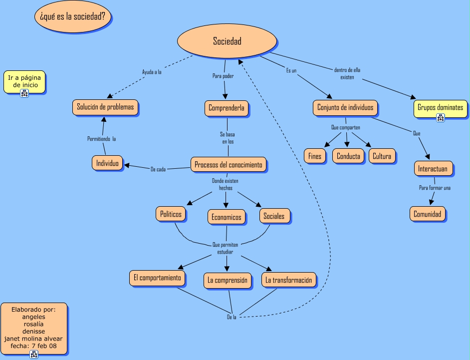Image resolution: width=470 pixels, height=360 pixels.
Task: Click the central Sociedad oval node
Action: coord(227,41)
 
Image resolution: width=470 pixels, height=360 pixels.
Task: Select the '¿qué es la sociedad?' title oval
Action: coord(73,16)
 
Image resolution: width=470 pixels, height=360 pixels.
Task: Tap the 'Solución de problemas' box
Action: coord(105,107)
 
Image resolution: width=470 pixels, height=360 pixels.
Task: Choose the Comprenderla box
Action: coord(227,108)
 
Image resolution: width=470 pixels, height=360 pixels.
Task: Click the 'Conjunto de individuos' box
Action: coord(345,107)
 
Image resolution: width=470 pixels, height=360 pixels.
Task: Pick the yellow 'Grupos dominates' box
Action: coord(440,107)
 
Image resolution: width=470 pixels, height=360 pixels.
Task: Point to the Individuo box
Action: coord(107,163)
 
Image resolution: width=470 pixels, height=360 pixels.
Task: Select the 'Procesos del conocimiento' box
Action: coord(228,165)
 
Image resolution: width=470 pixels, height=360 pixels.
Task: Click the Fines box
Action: coord(315,156)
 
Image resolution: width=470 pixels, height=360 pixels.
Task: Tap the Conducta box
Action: coord(348,156)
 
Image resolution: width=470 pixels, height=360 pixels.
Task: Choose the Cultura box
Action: coord(382,156)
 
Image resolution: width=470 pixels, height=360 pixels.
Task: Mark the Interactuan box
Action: coord(434,169)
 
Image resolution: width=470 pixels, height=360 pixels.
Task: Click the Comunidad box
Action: coord(428,214)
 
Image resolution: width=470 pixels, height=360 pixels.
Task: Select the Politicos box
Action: coord(171,214)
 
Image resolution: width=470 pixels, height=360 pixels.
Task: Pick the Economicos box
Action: coord(227,217)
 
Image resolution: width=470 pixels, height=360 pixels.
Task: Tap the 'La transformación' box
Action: coord(289,280)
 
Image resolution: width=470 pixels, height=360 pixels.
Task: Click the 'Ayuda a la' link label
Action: coord(152,72)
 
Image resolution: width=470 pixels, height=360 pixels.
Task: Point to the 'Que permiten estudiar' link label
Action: coord(226,248)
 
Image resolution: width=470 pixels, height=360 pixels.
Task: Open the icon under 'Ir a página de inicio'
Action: coord(24,93)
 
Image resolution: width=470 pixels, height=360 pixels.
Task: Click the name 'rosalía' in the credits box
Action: coord(34,324)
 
